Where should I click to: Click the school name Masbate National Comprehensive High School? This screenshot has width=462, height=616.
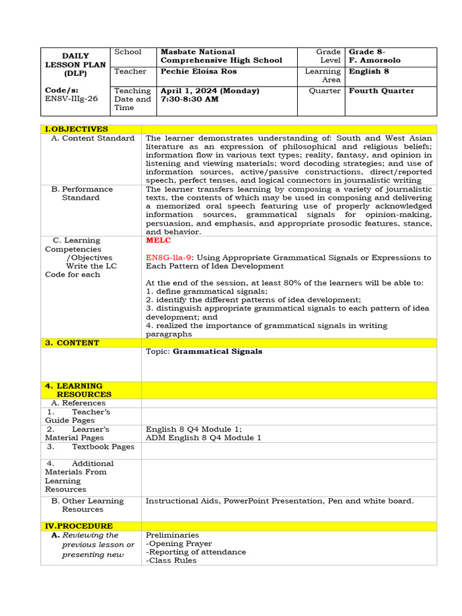click(x=221, y=56)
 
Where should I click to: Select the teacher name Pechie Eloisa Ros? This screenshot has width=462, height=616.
click(x=199, y=72)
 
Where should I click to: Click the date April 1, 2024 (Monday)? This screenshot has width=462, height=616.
click(x=210, y=91)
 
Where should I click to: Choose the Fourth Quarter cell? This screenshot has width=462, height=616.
click(x=381, y=91)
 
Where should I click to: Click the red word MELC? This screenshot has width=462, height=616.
click(x=158, y=241)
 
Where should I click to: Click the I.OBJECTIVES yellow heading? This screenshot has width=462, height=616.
click(x=76, y=129)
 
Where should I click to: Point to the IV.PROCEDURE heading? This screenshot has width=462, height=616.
click(x=79, y=526)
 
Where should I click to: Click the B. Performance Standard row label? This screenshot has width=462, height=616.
click(x=82, y=193)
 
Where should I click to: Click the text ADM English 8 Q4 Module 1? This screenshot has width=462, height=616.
click(x=203, y=438)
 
